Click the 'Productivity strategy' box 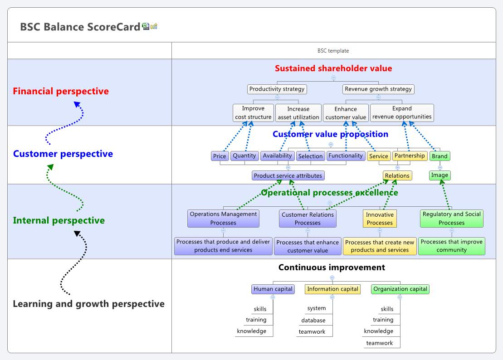(277, 89)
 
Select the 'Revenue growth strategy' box (378, 89)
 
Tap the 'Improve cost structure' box (253, 113)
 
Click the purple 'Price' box (220, 156)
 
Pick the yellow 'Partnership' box (410, 156)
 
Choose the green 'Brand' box (440, 156)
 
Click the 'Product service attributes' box (288, 175)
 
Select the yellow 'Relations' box (397, 175)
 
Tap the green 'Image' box (440, 175)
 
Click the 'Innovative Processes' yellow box (380, 218)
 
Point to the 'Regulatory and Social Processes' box (451, 218)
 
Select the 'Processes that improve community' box (451, 246)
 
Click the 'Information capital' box (332, 289)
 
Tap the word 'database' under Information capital (313, 320)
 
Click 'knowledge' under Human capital (252, 331)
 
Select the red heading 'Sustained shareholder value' (333, 68)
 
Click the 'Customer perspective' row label (63, 154)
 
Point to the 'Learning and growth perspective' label (88, 304)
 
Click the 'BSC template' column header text (333, 51)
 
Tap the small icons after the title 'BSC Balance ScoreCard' (150, 27)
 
